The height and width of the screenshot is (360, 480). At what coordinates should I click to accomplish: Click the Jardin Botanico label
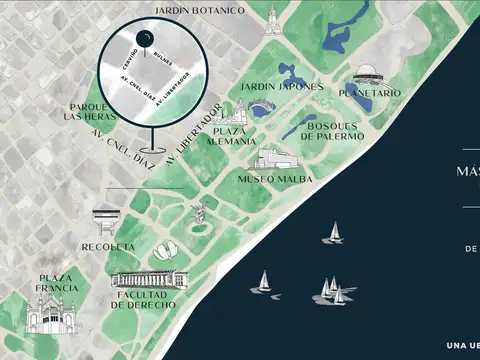[x=200, y=10]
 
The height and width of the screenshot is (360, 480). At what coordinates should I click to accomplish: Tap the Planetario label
[x=370, y=93]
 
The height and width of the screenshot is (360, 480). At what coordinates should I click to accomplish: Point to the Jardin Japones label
[x=283, y=87]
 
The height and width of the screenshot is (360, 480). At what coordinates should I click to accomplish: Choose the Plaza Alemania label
[x=229, y=136]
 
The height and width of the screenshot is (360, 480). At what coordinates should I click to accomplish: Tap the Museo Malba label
[x=275, y=179]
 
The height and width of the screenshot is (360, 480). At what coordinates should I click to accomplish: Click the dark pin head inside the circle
[x=145, y=41]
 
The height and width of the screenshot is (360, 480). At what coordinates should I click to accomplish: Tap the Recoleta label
[x=108, y=246]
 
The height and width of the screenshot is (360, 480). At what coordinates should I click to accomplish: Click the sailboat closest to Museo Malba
[x=332, y=234]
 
